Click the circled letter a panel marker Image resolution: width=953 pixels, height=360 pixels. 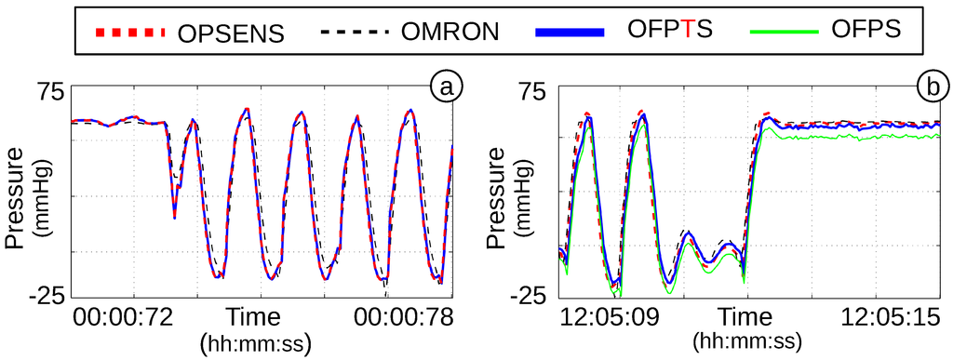click(x=447, y=87)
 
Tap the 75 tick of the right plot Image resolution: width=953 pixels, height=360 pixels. click(x=534, y=92)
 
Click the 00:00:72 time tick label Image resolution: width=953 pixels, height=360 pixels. click(x=123, y=318)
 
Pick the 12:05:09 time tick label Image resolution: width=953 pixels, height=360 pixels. click(x=610, y=318)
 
